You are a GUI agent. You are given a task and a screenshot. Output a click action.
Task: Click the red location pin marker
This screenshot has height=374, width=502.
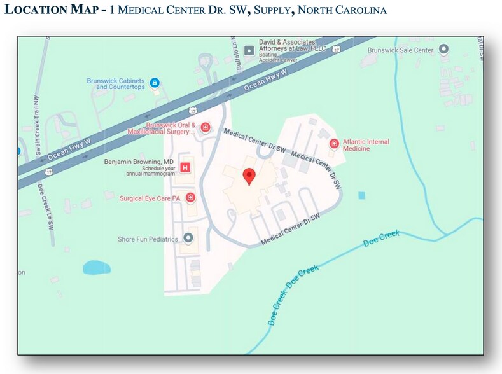click(x=249, y=176)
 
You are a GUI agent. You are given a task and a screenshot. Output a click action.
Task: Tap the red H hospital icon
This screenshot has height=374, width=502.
click(x=185, y=167)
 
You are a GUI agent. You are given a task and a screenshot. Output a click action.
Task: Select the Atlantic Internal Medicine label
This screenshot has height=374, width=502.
click(x=366, y=145)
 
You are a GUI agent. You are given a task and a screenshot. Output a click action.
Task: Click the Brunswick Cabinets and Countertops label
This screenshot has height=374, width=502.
click(x=116, y=83)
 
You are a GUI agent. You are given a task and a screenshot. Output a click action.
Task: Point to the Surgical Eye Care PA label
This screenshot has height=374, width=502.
click(x=150, y=198)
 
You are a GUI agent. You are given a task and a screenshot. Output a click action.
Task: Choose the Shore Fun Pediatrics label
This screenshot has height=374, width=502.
click(x=148, y=239)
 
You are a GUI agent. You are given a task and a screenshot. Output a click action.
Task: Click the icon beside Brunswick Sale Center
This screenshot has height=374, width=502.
click(x=444, y=49)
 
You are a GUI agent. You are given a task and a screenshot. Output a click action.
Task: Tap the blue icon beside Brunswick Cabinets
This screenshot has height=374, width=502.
click(x=155, y=83)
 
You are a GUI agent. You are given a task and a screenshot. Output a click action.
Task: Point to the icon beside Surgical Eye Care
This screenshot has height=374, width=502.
click(x=190, y=198)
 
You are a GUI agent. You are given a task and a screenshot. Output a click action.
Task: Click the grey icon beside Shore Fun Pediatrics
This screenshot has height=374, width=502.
click(x=188, y=239)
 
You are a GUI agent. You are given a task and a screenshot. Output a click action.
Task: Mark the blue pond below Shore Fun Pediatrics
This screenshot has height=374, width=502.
click(x=96, y=267)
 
